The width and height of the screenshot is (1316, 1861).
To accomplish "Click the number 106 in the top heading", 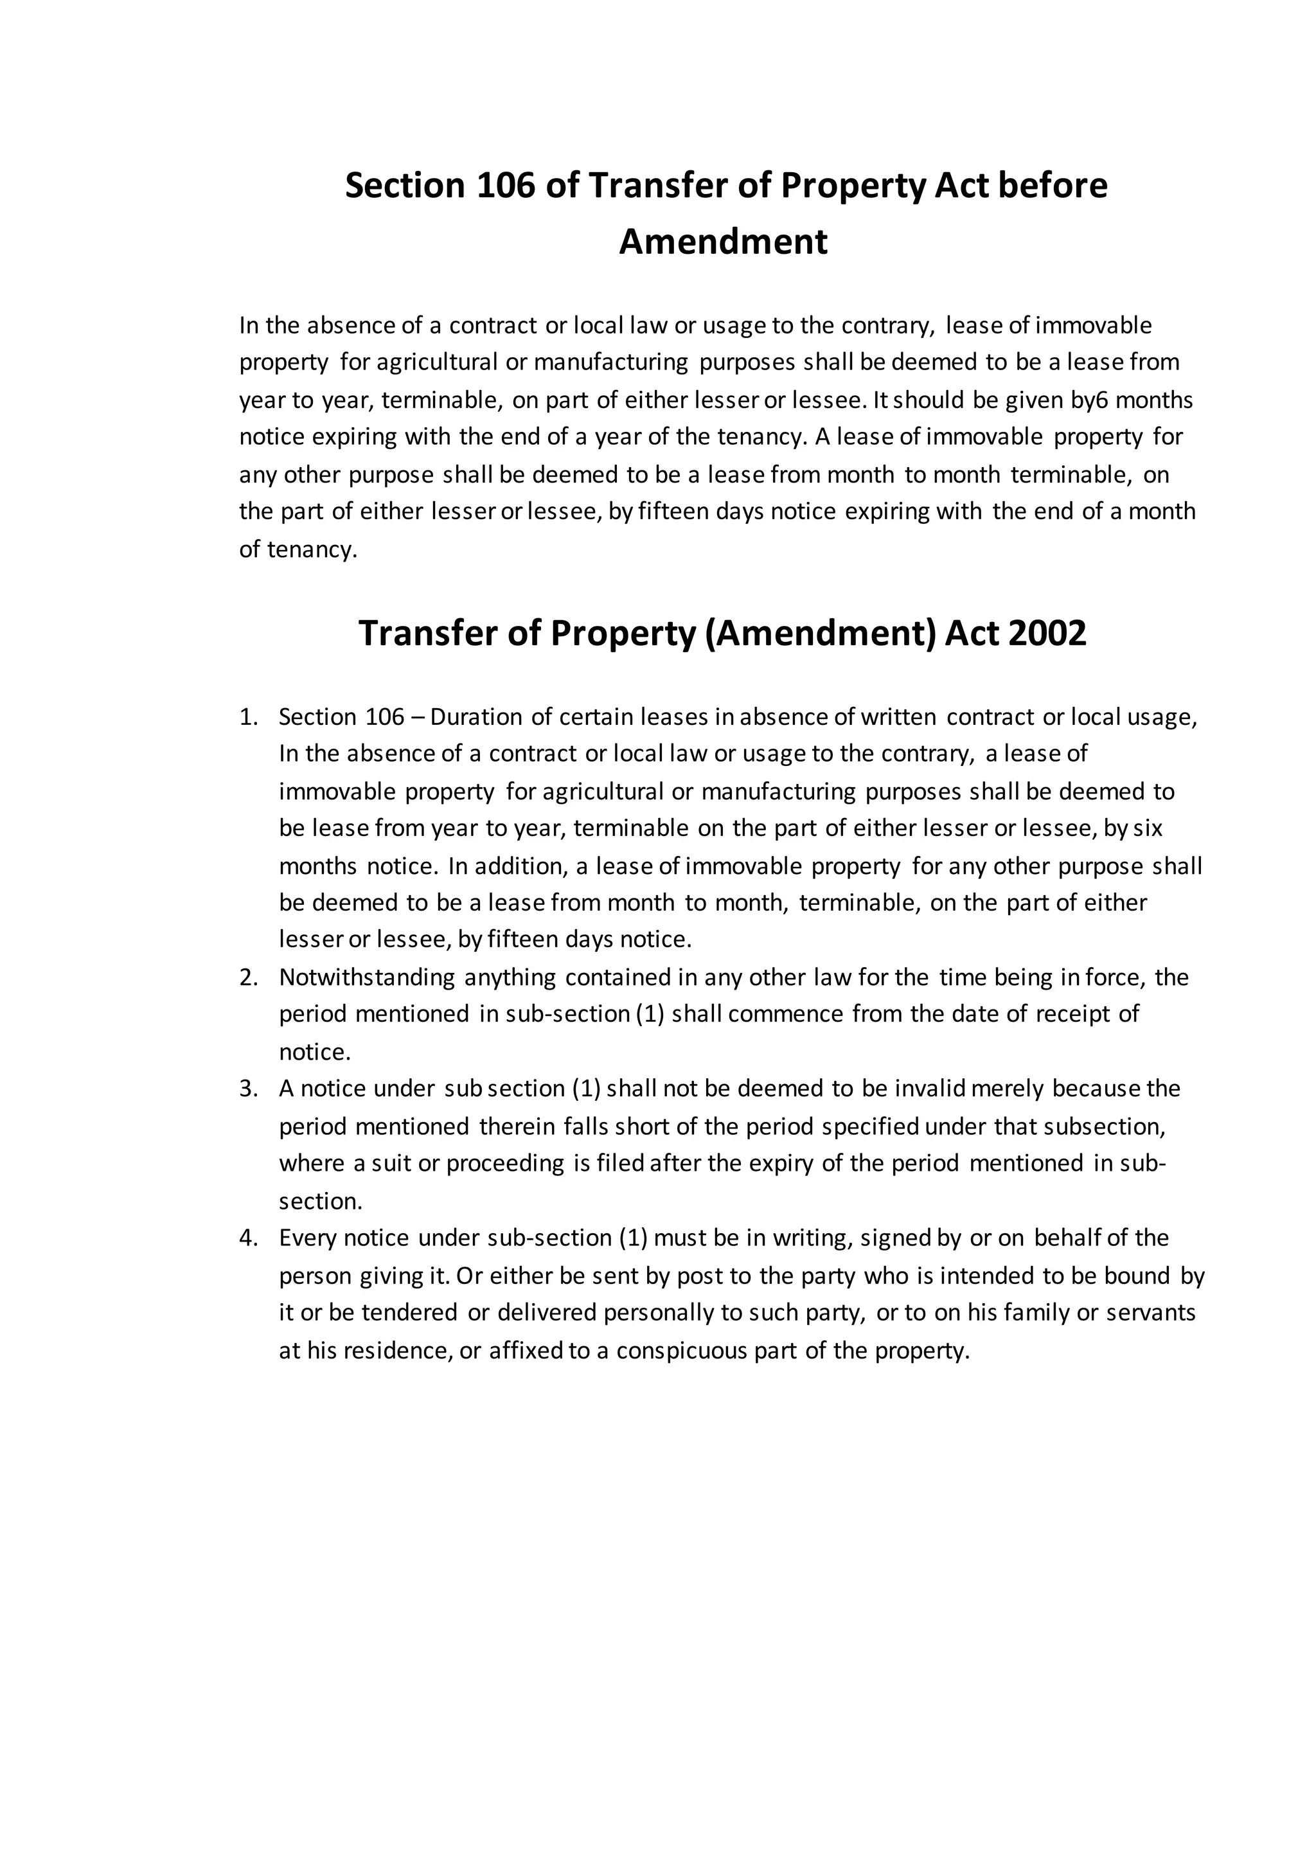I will click(506, 186).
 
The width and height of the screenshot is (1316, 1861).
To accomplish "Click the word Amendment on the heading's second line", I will click(723, 242).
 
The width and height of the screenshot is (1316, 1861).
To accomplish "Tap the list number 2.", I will click(247, 977).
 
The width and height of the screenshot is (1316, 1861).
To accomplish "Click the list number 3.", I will click(247, 1088).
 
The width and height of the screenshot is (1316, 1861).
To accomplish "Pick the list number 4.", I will click(247, 1238).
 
